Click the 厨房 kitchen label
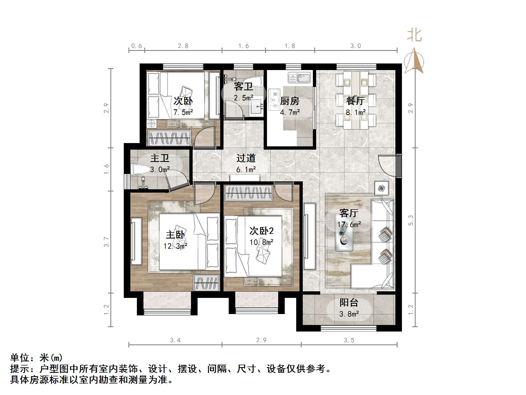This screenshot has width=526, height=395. coord(290,101)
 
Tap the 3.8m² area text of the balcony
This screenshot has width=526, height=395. coord(349,314)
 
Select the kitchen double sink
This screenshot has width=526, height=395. coord(299,77)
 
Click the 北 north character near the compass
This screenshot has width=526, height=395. coord(414,36)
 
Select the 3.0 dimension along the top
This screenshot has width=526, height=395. coord(355,46)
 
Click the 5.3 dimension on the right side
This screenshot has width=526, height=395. coord(411,220)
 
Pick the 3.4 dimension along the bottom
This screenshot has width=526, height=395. coord(175,340)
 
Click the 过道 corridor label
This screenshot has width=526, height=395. coord(246,158)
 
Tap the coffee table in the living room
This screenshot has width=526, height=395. coord(344,232)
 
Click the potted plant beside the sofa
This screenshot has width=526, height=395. coord(381,188)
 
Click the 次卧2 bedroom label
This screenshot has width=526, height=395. coord(261,231)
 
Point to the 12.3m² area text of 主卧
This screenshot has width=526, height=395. coord(175,246)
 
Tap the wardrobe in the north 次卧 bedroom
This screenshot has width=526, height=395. coord(169,138)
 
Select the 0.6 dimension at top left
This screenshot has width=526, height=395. coord(136,46)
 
